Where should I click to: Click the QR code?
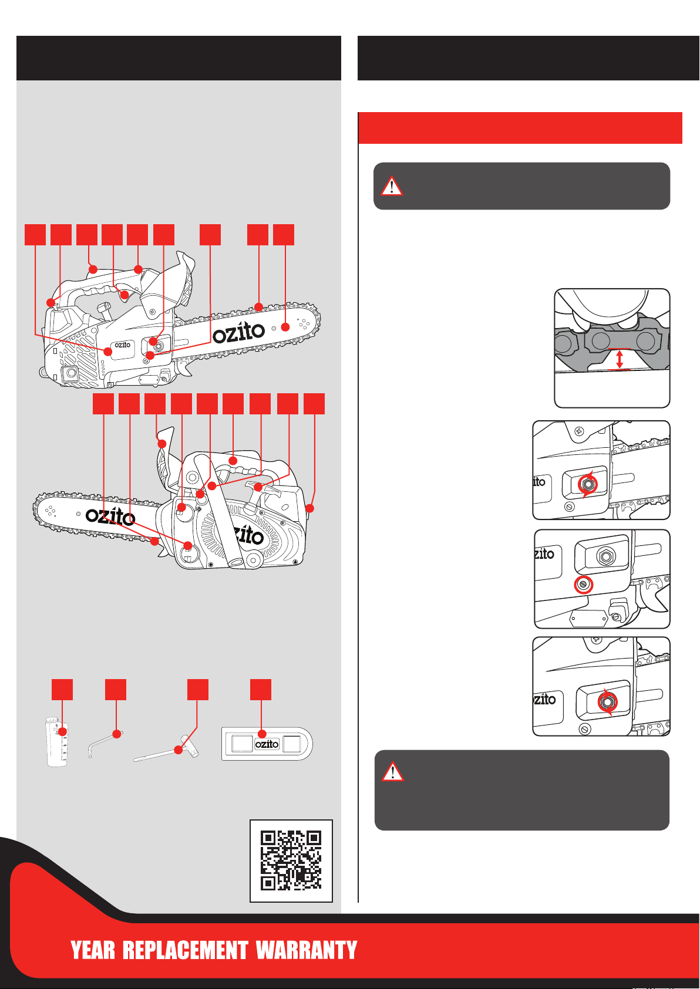point(291,860)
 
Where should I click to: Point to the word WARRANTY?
point(307,950)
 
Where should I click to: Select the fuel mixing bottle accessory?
point(56,742)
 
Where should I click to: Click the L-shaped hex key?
point(104,744)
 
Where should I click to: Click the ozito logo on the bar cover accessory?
point(267,744)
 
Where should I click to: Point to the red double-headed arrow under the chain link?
point(619,359)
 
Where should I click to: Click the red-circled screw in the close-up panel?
point(583,585)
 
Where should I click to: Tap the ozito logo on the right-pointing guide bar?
point(238,332)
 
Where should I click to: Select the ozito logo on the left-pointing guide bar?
point(110,516)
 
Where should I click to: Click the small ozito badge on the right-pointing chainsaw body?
point(122,345)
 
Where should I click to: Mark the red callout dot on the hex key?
point(117,734)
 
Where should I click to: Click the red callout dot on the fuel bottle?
point(63,731)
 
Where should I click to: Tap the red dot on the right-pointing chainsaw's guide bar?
point(285,327)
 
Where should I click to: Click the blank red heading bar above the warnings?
point(520,128)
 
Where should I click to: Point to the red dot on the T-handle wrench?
point(179,750)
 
